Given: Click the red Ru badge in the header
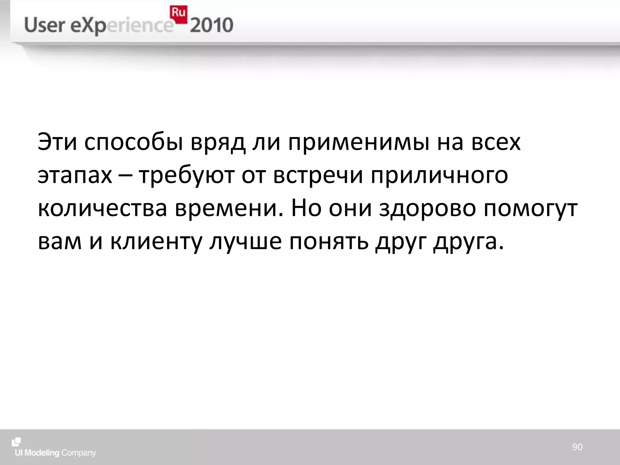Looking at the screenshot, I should (x=178, y=14).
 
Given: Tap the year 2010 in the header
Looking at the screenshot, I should (x=212, y=25).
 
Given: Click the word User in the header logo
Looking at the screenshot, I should (x=45, y=25).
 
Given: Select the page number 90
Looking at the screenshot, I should (x=577, y=447).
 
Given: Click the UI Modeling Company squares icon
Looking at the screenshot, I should (x=16, y=442).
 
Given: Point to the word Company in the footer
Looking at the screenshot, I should (x=78, y=453).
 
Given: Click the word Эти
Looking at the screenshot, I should (x=57, y=142).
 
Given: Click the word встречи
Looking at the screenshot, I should (x=318, y=176).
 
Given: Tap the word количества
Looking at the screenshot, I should (x=103, y=209).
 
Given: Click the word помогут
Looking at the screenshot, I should (x=530, y=209).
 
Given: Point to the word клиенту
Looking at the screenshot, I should (x=156, y=242).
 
